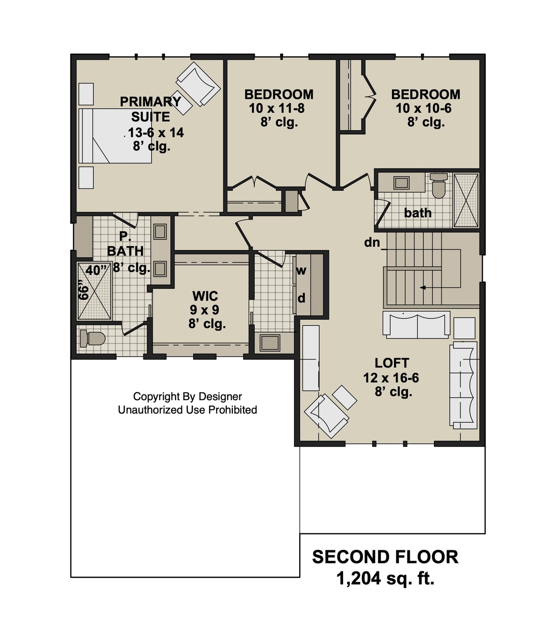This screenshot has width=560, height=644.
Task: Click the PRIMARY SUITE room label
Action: (150, 109)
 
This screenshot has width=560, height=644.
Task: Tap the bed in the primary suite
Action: (115, 136)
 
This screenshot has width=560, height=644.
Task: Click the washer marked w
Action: (301, 270)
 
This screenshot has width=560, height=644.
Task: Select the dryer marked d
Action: (301, 298)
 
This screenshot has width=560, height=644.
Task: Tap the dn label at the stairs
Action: (372, 242)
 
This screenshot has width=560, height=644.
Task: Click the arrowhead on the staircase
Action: (423, 288)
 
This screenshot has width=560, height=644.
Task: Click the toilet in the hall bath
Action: (439, 185)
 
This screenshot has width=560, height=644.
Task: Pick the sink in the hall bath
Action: (401, 182)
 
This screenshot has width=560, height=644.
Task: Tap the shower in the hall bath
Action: (466, 200)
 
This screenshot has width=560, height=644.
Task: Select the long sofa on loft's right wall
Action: (463, 385)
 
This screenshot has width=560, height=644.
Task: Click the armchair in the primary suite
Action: (198, 83)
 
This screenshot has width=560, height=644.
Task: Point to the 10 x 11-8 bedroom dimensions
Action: (277, 109)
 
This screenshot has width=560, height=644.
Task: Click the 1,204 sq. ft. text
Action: (385, 579)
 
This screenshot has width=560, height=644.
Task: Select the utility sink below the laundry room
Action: (270, 343)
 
